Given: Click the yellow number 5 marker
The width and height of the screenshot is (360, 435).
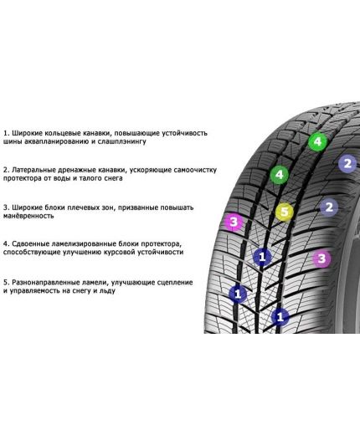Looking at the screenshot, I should pyautogui.click(x=285, y=212).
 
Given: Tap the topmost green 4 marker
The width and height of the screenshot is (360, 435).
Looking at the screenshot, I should pyautogui.click(x=316, y=142).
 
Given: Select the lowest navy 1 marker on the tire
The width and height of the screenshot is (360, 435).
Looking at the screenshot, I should pyautogui.click(x=280, y=316).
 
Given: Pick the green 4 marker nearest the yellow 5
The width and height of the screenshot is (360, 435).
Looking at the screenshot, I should pyautogui.click(x=280, y=175).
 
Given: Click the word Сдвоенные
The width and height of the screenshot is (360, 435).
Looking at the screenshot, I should pyautogui.click(x=34, y=243).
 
